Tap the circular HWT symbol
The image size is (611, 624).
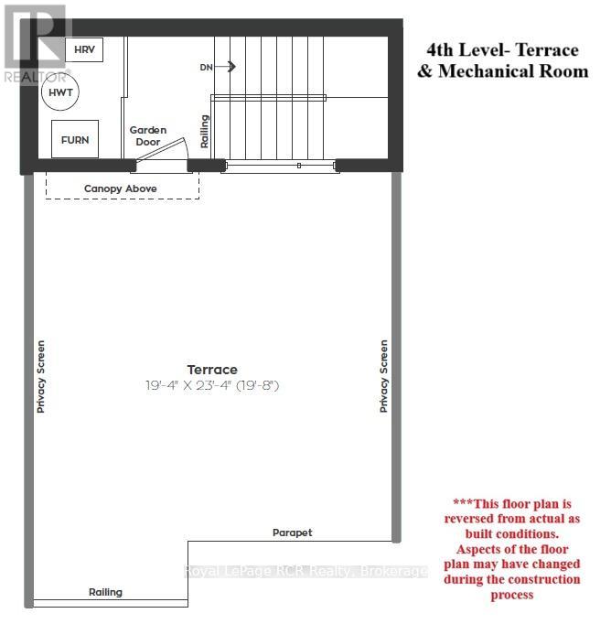(60, 93)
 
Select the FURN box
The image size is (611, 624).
(75, 140)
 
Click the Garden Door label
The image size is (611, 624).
(147, 136)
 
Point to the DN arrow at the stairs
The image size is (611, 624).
(219, 67)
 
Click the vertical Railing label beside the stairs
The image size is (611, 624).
(204, 132)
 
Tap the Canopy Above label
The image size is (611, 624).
(121, 188)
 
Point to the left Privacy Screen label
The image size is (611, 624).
(40, 376)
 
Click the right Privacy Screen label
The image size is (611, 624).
(383, 376)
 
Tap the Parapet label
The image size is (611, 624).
(292, 533)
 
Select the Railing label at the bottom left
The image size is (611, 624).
(105, 592)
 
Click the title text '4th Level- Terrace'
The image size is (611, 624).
(503, 49)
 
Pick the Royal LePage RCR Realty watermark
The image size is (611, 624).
(305, 572)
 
